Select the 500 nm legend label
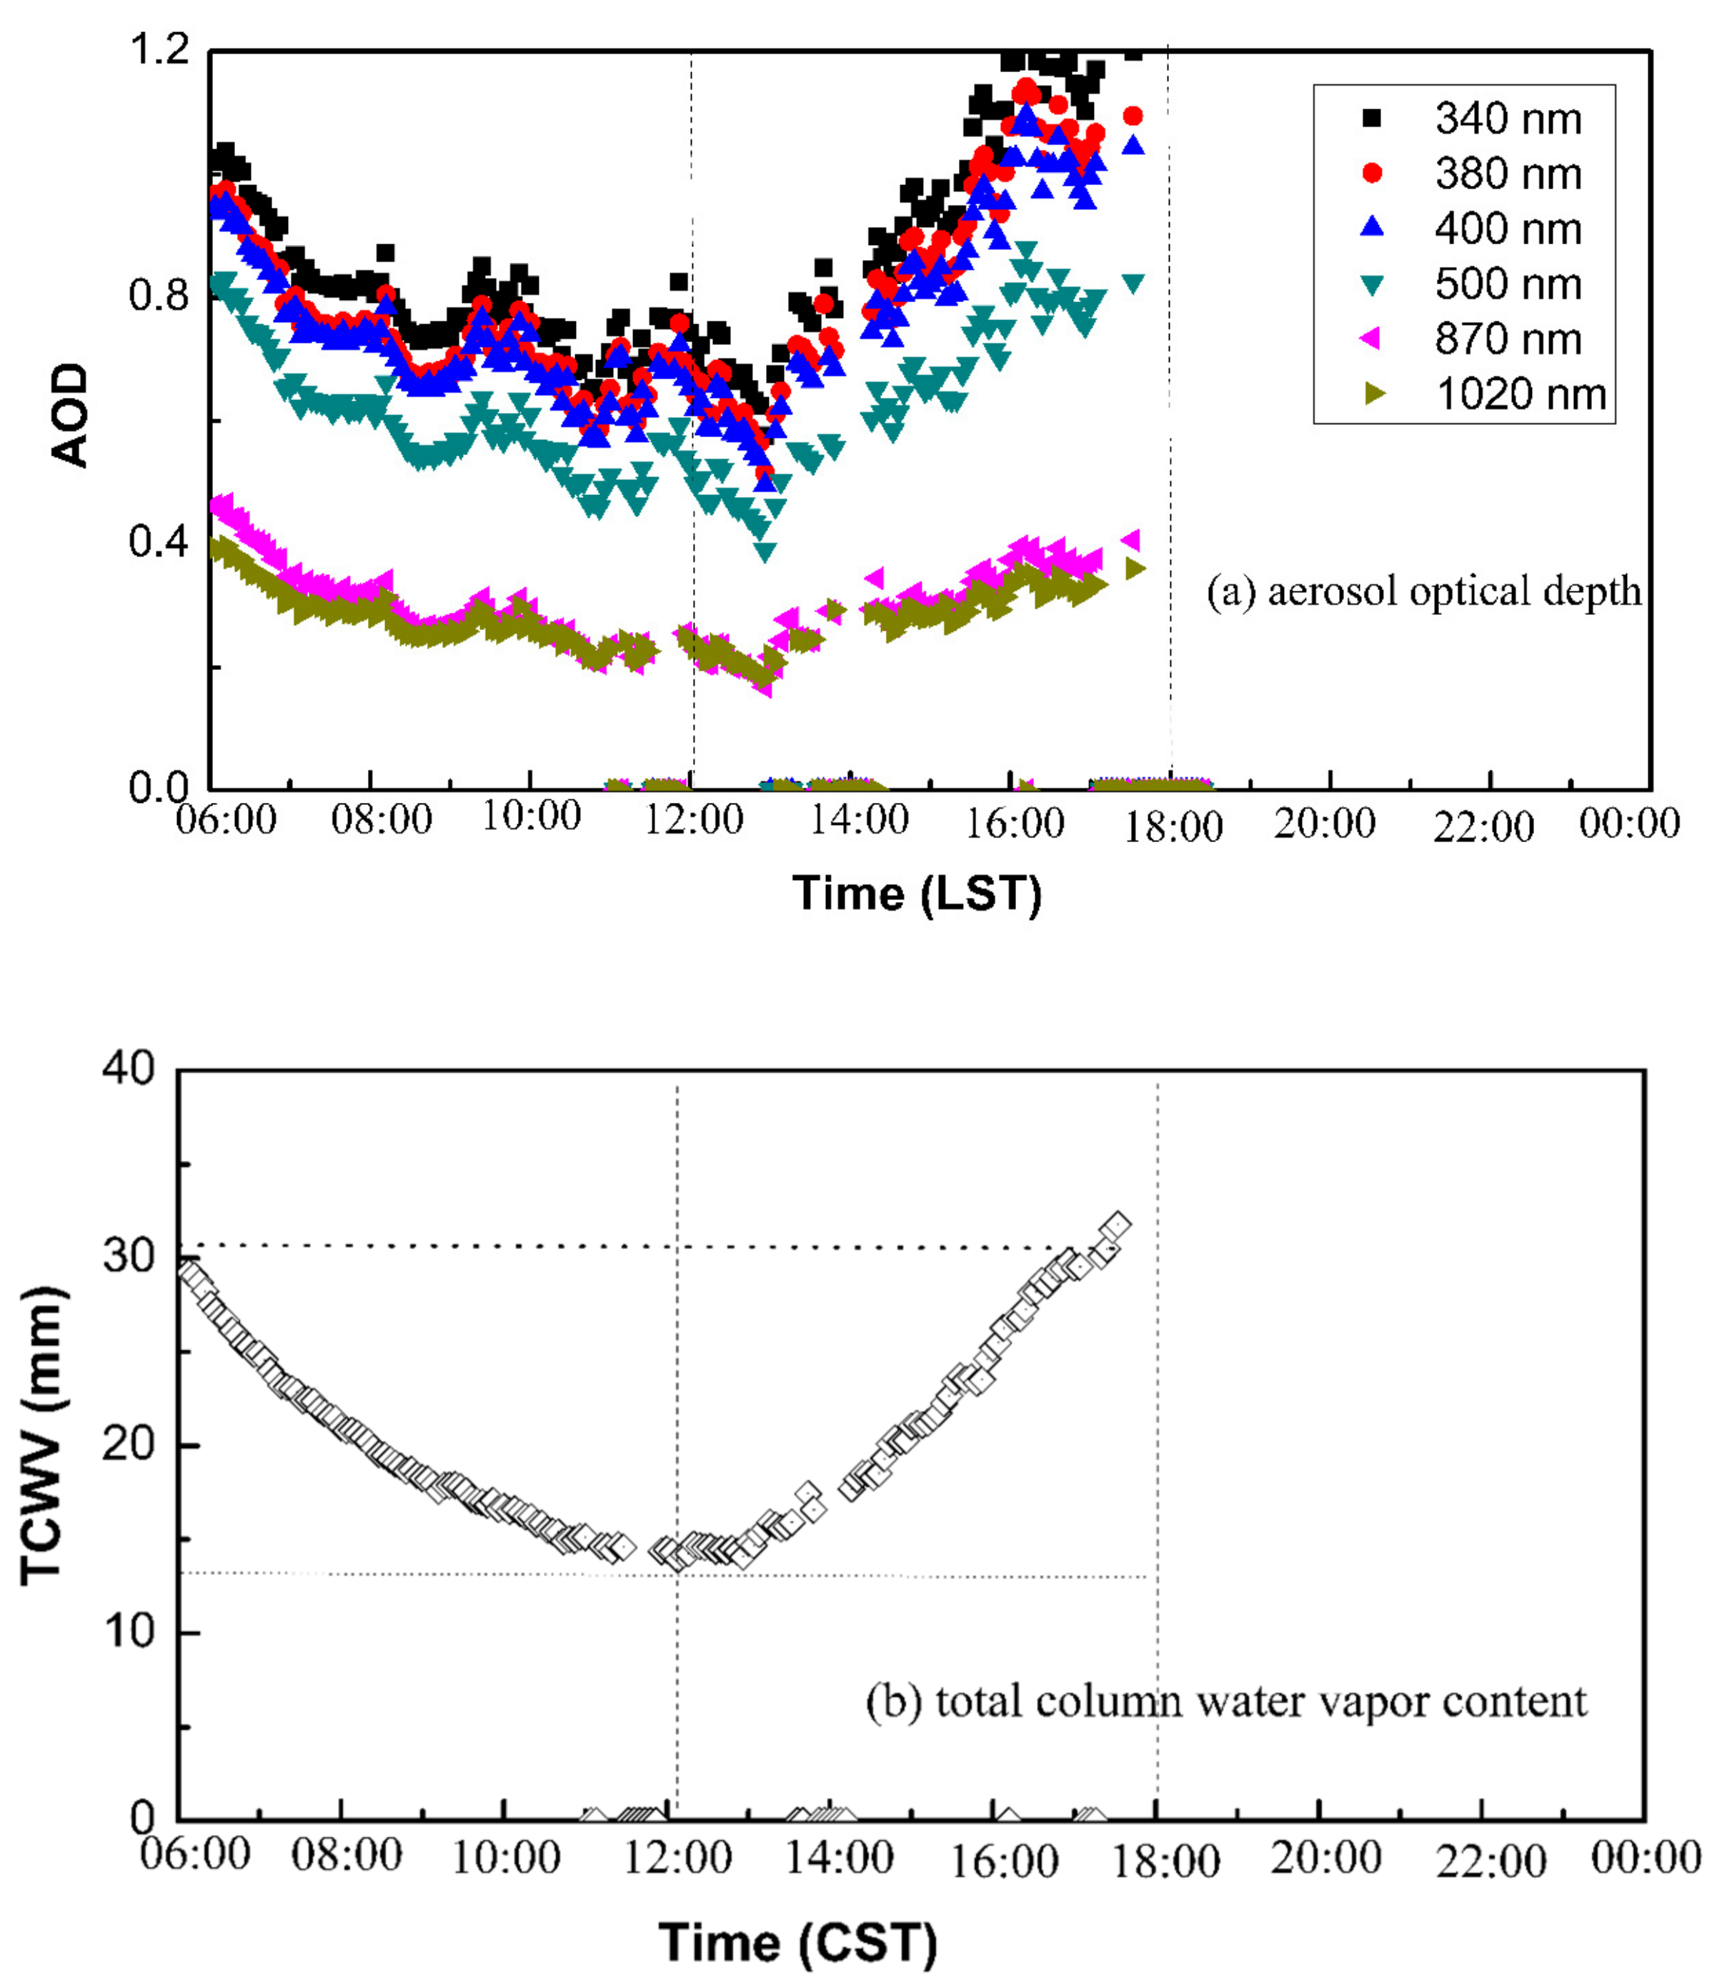1507,284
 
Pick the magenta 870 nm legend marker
1371,339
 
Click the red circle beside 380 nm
1372,174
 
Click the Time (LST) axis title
917,894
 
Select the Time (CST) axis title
798,1943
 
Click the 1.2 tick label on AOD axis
159,48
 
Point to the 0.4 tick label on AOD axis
159,542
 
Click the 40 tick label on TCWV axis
129,1067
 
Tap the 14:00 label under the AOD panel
860,820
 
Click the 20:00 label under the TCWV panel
1325,1858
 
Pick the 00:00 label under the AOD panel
1629,824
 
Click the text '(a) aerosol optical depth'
1424,592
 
